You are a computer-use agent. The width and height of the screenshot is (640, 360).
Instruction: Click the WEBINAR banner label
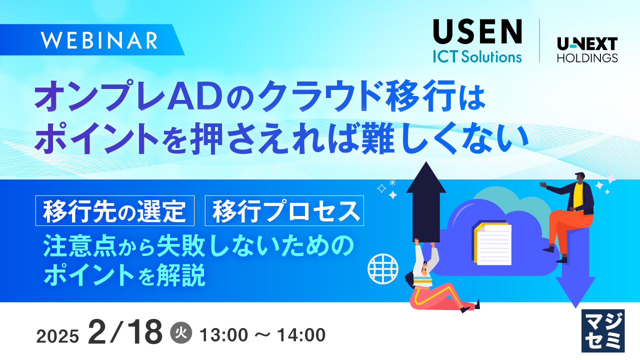tap(100, 40)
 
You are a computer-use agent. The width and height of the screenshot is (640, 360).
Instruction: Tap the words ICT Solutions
tap(477, 56)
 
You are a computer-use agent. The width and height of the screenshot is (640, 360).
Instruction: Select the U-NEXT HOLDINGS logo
tap(587, 50)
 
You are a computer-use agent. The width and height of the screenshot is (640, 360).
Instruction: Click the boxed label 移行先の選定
tap(114, 211)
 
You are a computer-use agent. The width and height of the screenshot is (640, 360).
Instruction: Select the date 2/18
tap(125, 332)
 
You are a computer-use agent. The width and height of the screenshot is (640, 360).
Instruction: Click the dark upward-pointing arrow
tap(425, 200)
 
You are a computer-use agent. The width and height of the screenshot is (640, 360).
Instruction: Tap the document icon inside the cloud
tap(492, 243)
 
